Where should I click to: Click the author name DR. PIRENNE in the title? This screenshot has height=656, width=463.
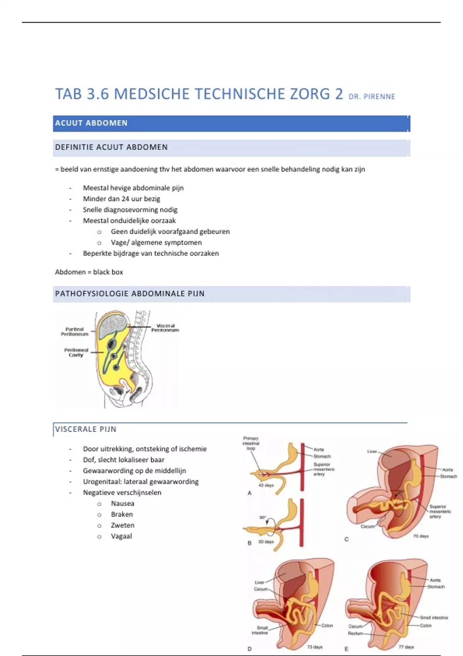pos(372,96)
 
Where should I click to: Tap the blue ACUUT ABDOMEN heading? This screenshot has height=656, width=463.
pos(91,123)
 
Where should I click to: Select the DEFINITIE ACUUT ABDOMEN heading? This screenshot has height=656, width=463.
pos(111,147)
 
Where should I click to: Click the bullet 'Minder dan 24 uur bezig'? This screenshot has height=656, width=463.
pos(121,199)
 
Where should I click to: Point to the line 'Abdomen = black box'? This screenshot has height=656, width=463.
pos(89,272)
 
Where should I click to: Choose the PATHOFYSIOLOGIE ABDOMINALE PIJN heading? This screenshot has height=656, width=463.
pos(130,294)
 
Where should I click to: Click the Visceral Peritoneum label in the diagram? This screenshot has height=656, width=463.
pos(165,328)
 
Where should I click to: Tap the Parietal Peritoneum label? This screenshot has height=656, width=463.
pos(74,331)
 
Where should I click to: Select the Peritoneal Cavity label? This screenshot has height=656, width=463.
pos(76,353)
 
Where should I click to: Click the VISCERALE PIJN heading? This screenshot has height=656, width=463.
pos(86,429)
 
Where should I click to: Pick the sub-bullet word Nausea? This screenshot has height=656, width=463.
pos(122,504)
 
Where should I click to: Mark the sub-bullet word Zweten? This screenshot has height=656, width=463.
pos(122,525)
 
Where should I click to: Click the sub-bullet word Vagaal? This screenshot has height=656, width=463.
pos(121,536)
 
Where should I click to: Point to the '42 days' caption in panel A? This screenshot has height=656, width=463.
pos(266,485)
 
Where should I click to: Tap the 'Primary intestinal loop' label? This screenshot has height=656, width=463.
pos(251,443)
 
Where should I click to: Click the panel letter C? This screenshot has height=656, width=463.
pos(346,539)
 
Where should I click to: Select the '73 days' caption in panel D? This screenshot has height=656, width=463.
pos(315,647)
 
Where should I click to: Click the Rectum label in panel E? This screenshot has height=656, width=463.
pos(355,633)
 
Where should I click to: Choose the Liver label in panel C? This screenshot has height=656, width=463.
pos(372,451)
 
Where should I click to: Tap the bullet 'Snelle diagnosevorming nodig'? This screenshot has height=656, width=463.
pos(130,210)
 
